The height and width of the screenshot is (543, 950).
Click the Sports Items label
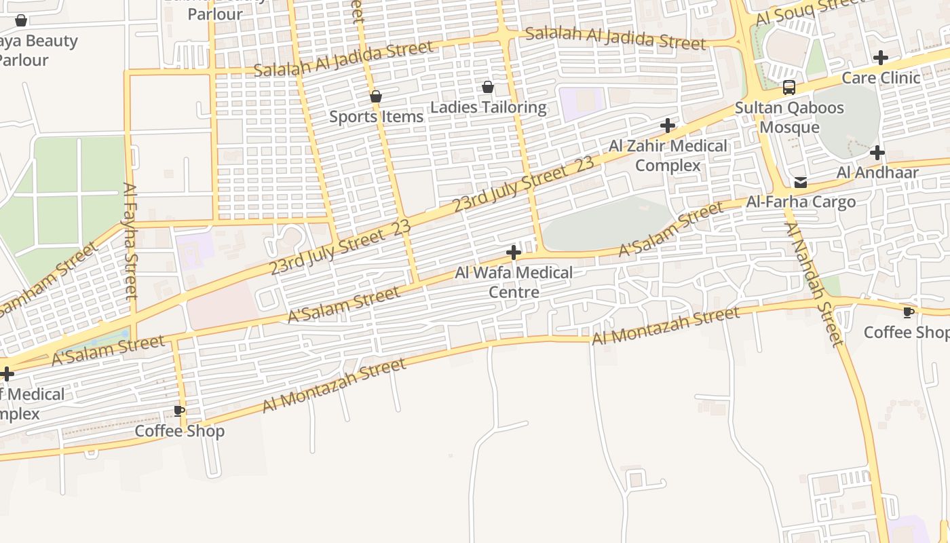pyautogui.click(x=376, y=117)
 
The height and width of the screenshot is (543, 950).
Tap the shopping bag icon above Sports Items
pyautogui.click(x=376, y=96)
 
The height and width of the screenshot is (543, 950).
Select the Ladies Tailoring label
pyautogui.click(x=488, y=107)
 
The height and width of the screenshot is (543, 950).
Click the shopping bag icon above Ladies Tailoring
pyautogui.click(x=488, y=87)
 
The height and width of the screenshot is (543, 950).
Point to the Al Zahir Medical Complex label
pyautogui.click(x=668, y=155)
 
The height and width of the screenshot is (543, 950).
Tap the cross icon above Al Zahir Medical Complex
pyautogui.click(x=668, y=126)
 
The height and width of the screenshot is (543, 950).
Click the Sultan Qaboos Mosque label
pyautogui.click(x=789, y=117)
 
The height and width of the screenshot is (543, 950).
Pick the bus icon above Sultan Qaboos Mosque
pyautogui.click(x=789, y=88)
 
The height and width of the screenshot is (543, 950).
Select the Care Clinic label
pyautogui.click(x=881, y=78)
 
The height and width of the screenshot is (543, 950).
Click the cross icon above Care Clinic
pyautogui.click(x=881, y=58)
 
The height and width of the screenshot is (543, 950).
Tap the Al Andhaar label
pyautogui.click(x=877, y=173)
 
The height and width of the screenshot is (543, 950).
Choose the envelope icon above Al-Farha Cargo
pyautogui.click(x=801, y=182)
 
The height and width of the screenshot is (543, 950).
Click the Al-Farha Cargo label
pyautogui.click(x=801, y=202)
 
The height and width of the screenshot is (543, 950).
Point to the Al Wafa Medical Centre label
pyautogui.click(x=514, y=282)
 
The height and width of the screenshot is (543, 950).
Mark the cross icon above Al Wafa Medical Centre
pyautogui.click(x=514, y=253)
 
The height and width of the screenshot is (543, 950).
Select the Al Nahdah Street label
pyautogui.click(x=814, y=284)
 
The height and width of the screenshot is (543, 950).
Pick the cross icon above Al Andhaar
pyautogui.click(x=877, y=153)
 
